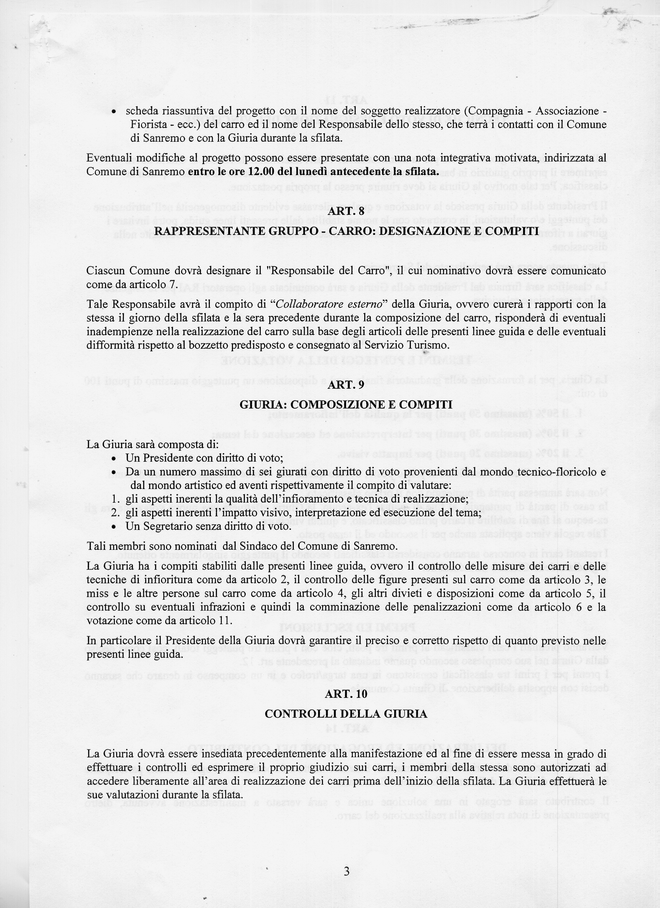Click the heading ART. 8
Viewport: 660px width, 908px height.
pyautogui.click(x=346, y=212)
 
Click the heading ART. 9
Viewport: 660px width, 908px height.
pyautogui.click(x=346, y=385)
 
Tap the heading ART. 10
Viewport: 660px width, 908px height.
pyautogui.click(x=346, y=695)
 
